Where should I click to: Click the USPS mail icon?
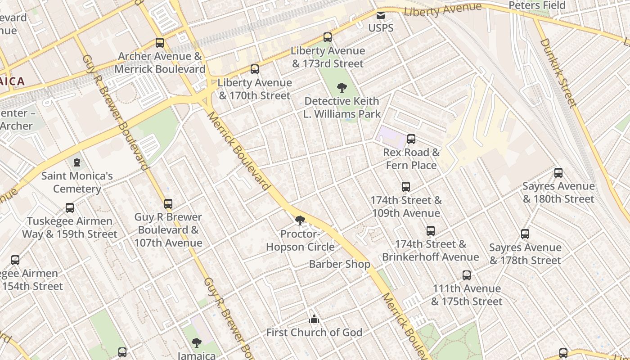click(x=381, y=16)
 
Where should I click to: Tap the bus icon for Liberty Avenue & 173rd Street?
click(x=328, y=37)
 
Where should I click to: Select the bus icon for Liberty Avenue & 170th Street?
click(x=255, y=69)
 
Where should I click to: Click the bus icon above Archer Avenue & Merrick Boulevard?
click(x=160, y=43)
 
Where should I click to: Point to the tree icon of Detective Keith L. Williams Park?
click(x=342, y=87)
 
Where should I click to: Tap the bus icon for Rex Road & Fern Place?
click(x=411, y=139)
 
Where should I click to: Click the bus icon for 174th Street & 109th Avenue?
click(x=406, y=187)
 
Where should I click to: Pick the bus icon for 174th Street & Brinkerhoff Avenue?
click(x=431, y=231)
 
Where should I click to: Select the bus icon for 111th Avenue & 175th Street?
click(x=467, y=275)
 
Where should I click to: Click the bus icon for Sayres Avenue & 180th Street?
click(x=558, y=173)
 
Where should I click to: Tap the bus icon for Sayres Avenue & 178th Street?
click(x=525, y=234)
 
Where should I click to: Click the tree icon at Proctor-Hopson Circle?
click(x=300, y=220)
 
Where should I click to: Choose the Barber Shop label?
click(x=339, y=264)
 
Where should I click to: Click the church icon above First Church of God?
click(x=314, y=319)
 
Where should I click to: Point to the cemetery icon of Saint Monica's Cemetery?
click(x=77, y=162)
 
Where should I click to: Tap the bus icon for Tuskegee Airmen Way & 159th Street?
click(x=70, y=208)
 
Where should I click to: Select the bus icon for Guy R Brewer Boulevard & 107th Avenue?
click(x=168, y=204)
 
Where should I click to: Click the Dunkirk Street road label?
click(x=558, y=73)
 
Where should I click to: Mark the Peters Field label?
click(x=537, y=5)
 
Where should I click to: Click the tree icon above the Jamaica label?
click(x=197, y=343)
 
